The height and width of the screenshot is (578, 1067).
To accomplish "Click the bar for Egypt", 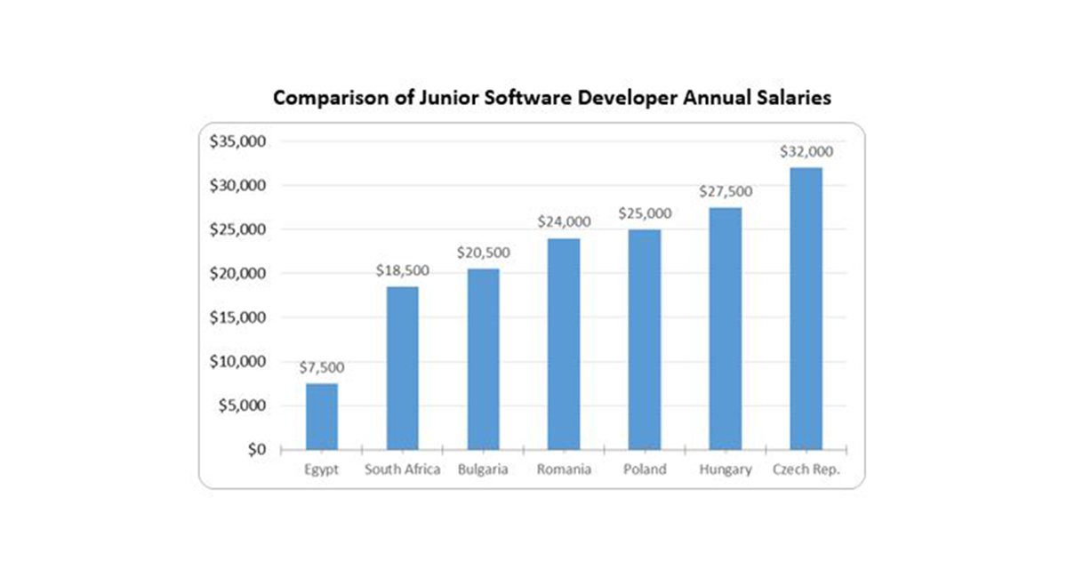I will click(x=322, y=416).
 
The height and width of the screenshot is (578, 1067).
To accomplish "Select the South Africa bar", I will click(x=402, y=367).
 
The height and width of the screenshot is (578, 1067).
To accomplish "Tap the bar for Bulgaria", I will click(x=483, y=358).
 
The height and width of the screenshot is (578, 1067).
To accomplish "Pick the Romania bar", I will click(x=564, y=343).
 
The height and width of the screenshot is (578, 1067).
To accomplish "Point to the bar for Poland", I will click(x=644, y=339).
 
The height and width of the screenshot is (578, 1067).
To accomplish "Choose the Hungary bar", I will click(x=725, y=328).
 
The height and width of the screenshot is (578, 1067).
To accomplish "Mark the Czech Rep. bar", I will click(x=806, y=308).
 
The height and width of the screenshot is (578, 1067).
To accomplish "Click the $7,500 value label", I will click(x=322, y=367).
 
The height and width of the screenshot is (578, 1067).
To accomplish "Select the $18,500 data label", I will click(x=402, y=269).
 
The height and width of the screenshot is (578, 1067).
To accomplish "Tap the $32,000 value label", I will click(x=806, y=151).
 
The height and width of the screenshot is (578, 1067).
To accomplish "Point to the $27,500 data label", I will click(x=725, y=191).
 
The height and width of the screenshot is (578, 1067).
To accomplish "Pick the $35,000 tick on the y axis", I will click(x=238, y=141).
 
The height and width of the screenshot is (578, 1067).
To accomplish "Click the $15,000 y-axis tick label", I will click(x=238, y=317).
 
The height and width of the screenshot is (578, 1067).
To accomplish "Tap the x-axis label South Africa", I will click(x=402, y=470).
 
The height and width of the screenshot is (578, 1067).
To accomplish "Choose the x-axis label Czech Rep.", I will click(x=806, y=470).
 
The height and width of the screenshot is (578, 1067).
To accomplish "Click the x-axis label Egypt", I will click(x=322, y=470).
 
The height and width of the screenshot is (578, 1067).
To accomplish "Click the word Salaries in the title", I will click(x=792, y=98).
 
